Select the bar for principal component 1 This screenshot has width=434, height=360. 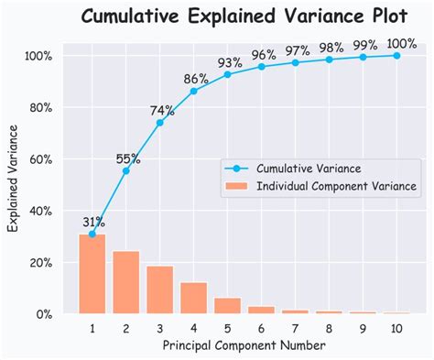[x=92, y=274]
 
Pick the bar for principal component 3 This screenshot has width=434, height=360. [x=160, y=289]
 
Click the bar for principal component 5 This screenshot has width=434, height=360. [x=228, y=306]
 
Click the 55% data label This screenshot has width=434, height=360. [x=128, y=159]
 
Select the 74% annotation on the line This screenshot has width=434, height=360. [x=162, y=111]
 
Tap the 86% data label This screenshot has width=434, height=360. [x=196, y=80]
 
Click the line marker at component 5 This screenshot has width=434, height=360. [x=228, y=74]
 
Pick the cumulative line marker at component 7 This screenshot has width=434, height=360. [x=296, y=62]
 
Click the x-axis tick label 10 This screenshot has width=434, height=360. [x=396, y=327]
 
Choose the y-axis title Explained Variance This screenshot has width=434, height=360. [x=14, y=183]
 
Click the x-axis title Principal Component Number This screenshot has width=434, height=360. [x=244, y=345]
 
